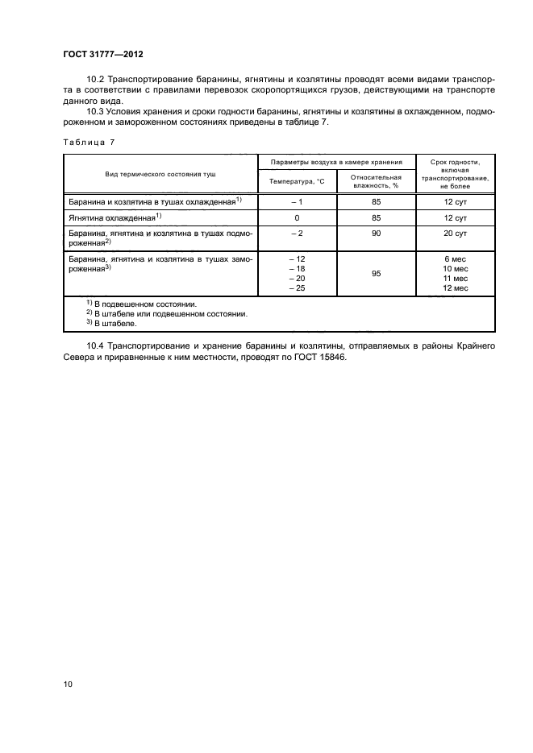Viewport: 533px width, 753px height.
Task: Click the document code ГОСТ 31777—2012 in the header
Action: click(x=104, y=54)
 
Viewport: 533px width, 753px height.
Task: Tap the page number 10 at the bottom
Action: click(x=69, y=684)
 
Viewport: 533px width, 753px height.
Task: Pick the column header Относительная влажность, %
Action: click(x=376, y=181)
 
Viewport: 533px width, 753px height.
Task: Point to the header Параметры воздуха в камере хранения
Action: click(x=336, y=162)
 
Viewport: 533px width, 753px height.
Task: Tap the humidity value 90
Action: click(x=376, y=234)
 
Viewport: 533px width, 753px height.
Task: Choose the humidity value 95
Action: click(x=376, y=274)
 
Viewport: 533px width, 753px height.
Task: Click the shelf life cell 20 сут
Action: click(x=456, y=234)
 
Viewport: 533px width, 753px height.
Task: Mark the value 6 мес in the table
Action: click(x=456, y=259)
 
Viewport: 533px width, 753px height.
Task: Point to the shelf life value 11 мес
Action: click(x=456, y=278)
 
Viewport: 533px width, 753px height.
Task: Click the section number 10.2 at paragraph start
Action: click(x=95, y=80)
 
